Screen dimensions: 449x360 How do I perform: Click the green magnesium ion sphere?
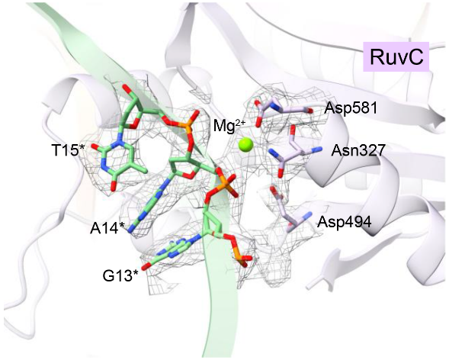click(246, 145)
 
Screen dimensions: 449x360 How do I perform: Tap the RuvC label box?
click(396, 56)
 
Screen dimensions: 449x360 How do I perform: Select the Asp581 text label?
click(351, 108)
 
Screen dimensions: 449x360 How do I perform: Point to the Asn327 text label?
click(358, 150)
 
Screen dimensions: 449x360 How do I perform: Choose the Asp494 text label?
click(345, 221)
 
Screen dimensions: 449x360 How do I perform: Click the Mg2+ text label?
click(233, 126)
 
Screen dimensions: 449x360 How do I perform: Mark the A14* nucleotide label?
click(107, 228)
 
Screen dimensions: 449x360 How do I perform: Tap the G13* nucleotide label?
click(120, 276)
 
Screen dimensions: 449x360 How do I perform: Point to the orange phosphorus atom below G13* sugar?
click(240, 259)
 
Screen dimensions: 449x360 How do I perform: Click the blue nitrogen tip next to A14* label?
click(132, 229)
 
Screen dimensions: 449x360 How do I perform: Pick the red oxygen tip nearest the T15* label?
click(95, 146)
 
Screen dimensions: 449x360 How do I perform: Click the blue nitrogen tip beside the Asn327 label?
click(319, 149)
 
